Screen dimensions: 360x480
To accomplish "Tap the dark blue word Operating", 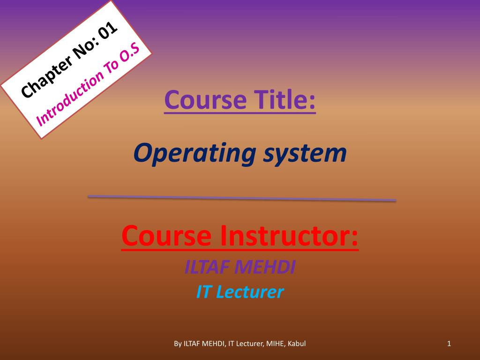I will point(195,153).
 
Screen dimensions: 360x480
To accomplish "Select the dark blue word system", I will point(305,153).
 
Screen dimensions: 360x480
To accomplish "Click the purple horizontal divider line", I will point(241,198).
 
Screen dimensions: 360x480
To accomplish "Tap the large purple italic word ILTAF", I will point(207,268).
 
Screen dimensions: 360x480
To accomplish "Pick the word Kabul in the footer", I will point(296,344).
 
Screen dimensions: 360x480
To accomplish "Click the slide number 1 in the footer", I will point(449,344).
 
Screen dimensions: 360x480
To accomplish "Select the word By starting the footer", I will point(178,344).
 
